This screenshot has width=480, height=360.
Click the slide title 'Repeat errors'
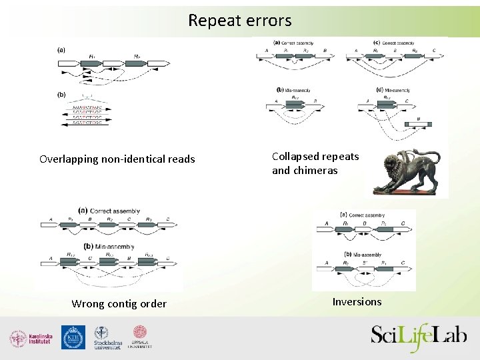tap(239, 21)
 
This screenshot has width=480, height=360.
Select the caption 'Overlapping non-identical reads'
tap(117, 159)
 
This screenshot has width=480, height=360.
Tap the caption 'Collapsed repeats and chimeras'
tap(315, 163)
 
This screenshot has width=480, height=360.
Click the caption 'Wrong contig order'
tap(119, 304)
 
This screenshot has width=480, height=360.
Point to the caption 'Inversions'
tap(357, 302)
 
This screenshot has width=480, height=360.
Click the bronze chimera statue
tap(410, 173)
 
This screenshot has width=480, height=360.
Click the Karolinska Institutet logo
tap(31, 338)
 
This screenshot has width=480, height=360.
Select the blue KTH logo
tap(73, 337)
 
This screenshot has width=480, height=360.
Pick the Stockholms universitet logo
tap(107, 338)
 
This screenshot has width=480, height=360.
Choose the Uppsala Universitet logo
tap(140, 337)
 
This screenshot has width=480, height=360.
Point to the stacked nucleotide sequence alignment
tap(82, 114)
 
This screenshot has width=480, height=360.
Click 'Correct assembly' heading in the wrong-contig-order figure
tap(111, 211)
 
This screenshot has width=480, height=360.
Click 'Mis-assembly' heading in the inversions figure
tap(364, 255)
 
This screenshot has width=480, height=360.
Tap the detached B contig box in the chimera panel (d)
tap(418, 123)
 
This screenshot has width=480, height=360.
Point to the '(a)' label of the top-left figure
tap(61, 49)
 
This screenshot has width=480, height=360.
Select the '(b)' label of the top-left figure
tap(61, 95)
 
